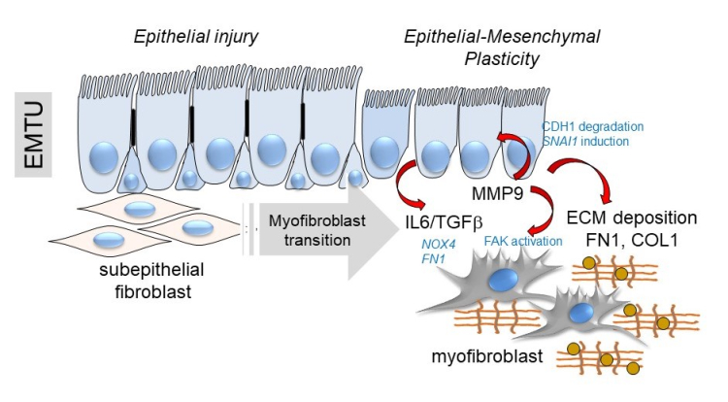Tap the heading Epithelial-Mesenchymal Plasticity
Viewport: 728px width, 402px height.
click(502, 46)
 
